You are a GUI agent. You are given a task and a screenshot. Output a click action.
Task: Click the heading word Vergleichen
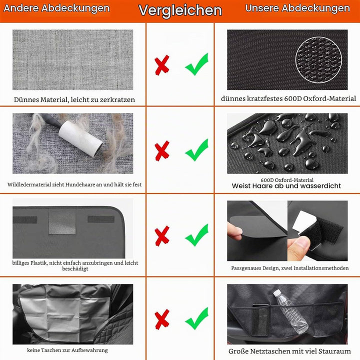pos(180,10)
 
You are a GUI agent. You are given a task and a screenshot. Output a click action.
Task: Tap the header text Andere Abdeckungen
pos(56,8)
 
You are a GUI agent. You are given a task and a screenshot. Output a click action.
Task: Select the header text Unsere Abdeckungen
pos(297,8)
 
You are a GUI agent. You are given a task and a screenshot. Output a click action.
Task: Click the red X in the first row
pos(162,65)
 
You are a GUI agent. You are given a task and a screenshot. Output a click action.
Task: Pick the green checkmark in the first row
pos(197,64)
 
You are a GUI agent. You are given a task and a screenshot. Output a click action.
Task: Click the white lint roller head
pos(80,139)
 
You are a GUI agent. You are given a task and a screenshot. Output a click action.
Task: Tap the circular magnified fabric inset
pos(318,59)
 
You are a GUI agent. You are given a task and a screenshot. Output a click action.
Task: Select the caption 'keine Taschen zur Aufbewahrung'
pos(67,350)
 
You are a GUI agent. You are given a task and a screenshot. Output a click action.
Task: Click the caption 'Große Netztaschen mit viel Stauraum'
pos(289,351)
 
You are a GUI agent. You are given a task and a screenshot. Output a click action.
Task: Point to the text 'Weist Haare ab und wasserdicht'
pos(286,185)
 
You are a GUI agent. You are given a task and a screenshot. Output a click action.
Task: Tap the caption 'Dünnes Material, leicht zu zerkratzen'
pos(74,99)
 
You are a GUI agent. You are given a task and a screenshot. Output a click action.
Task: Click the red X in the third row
pos(162,236)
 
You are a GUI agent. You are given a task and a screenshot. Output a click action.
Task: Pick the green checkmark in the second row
pos(197,150)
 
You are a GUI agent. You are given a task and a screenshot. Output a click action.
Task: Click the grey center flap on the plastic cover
pos(62,221)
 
